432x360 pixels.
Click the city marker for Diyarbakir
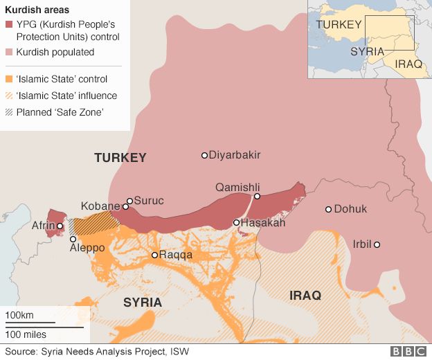[204, 155]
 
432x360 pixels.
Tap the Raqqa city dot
[155, 255]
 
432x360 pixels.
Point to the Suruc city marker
[129, 201]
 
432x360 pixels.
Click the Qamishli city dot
[257, 197]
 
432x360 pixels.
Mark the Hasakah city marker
[237, 223]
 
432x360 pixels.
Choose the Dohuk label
[350, 209]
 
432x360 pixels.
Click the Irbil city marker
[377, 244]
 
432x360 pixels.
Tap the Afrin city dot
[60, 226]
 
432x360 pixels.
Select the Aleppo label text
[87, 248]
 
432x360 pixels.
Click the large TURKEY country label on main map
[120, 158]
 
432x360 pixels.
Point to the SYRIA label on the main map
[143, 303]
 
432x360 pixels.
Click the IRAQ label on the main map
[305, 296]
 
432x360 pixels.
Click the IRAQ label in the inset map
[408, 64]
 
